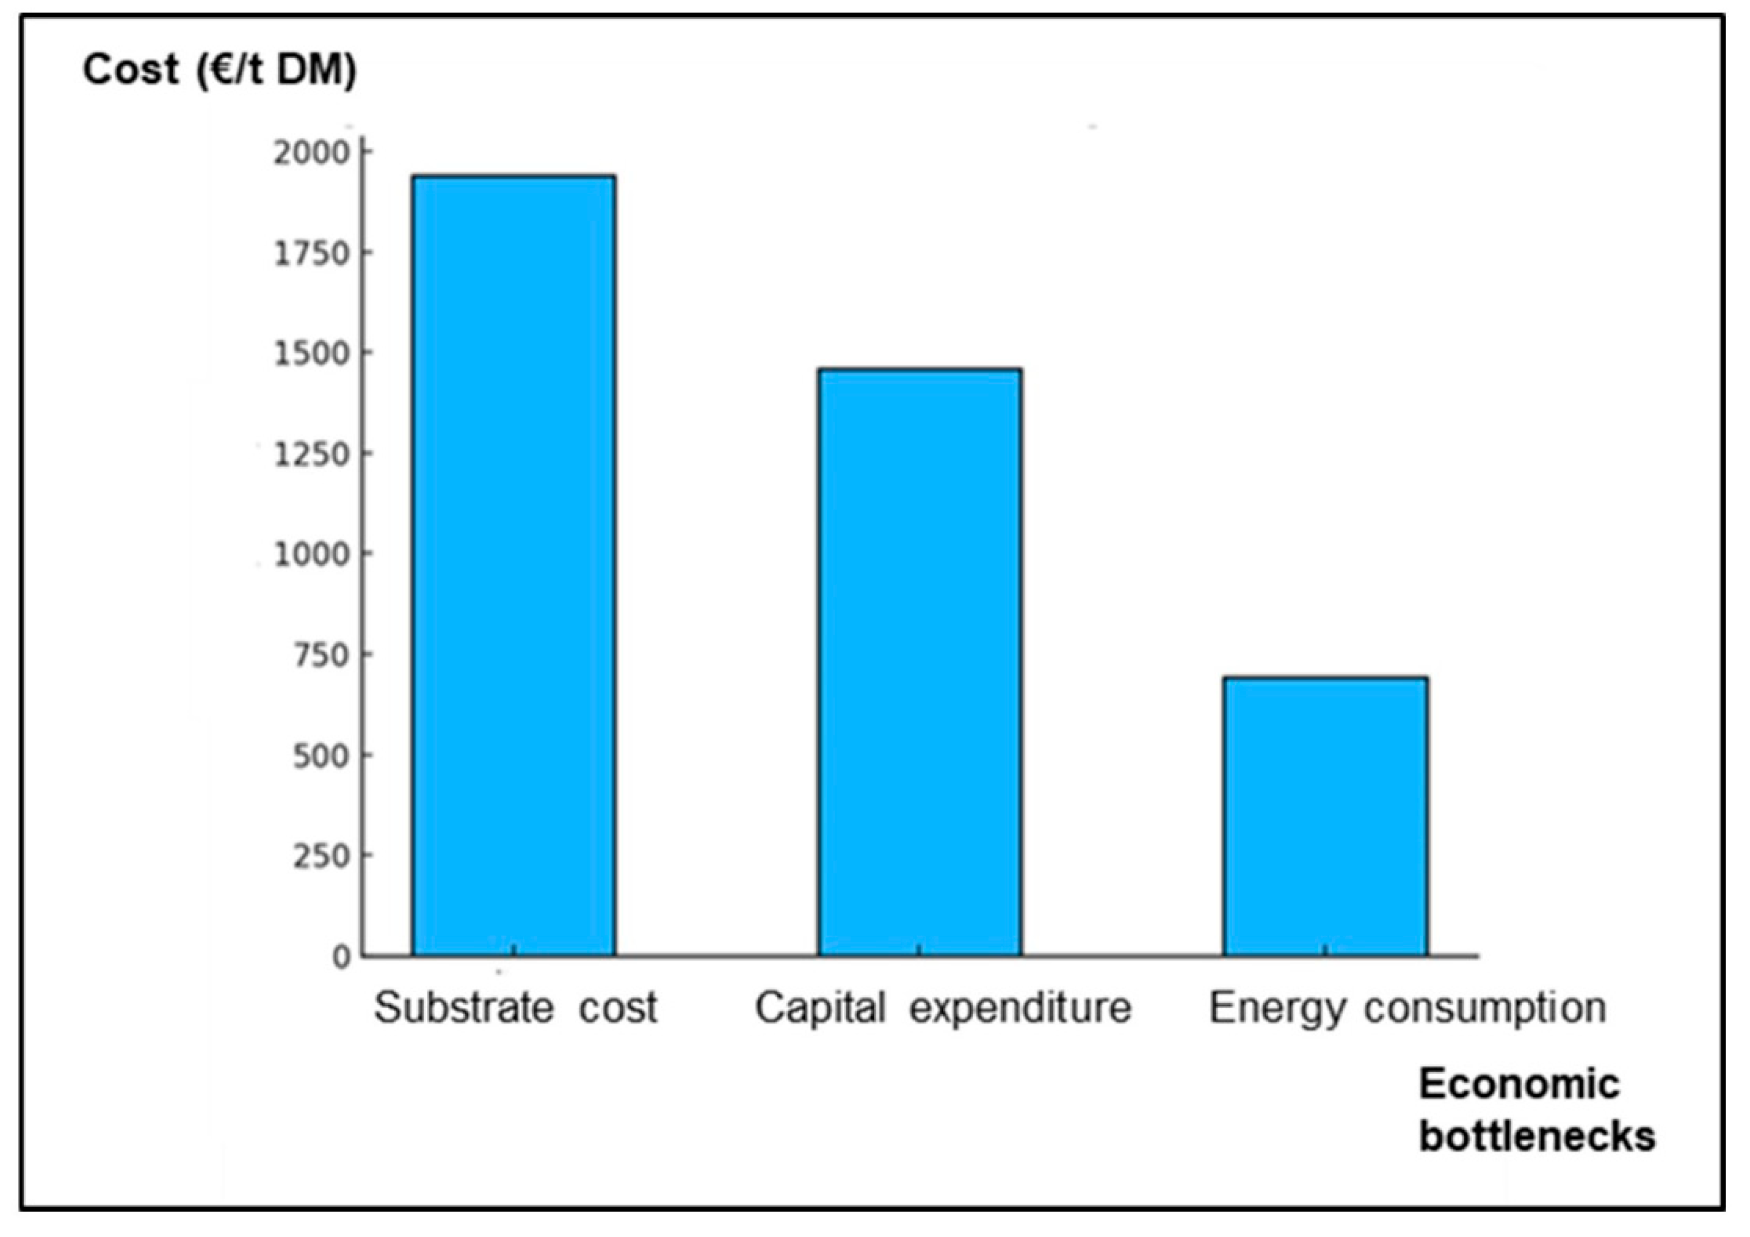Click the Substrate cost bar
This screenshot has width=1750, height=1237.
(x=514, y=565)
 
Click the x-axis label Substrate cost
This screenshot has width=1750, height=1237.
(x=516, y=1008)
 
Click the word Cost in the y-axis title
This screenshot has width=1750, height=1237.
(x=131, y=70)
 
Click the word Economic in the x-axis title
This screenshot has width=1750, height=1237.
(x=1519, y=1084)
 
